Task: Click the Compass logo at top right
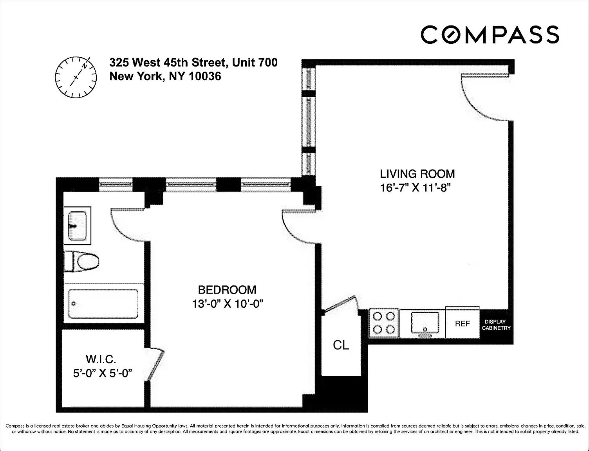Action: coord(490,34)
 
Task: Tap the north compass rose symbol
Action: coord(76,77)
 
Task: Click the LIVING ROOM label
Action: coord(417,174)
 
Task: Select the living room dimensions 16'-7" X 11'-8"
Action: coord(415,188)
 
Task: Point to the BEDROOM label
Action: coord(227,290)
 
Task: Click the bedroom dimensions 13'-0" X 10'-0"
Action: coord(228,304)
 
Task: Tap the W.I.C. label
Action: coord(101,359)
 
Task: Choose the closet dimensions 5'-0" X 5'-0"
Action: coord(103,373)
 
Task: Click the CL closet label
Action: coord(341,345)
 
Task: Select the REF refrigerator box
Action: coord(463,322)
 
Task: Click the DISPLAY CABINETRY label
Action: coord(496,325)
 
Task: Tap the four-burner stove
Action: coord(384,323)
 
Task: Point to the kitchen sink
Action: coord(425,324)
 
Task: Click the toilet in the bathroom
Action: coord(81,262)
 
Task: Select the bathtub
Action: coord(103,304)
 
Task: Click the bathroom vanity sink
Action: coord(77,225)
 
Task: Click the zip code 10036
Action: coord(205,76)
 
